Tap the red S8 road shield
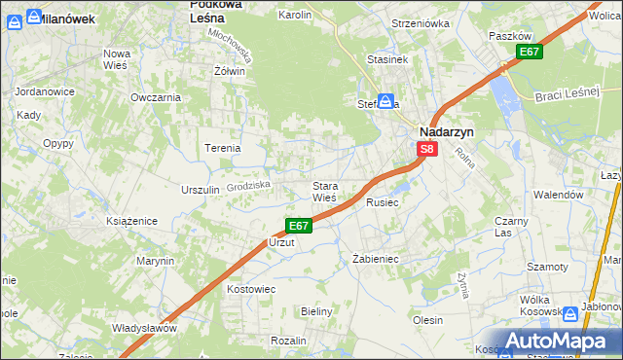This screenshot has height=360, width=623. pos(427,149)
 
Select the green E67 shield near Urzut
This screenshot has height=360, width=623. pos(299,226)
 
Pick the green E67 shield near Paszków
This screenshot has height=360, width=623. pos(529,52)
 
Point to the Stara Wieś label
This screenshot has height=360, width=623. pos(324,191)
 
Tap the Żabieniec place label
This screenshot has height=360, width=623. pos(376,260)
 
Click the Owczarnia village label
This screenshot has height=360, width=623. pos(156,97)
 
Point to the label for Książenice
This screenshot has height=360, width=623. pos(131,222)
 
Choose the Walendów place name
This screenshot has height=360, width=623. pos(558,195)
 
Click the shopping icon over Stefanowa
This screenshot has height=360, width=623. pos(385,100)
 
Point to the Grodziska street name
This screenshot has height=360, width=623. pos(247,184)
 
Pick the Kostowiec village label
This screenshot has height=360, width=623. pos(251,289)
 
